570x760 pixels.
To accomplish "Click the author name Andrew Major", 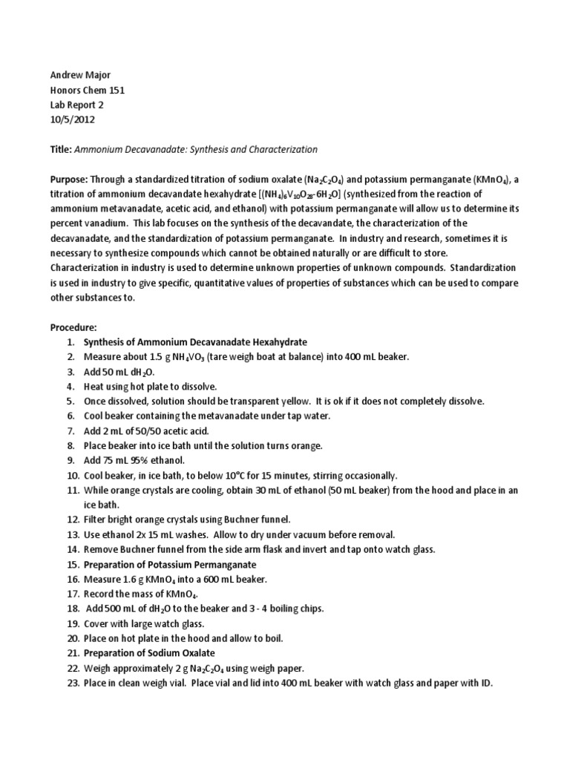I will (x=81, y=76).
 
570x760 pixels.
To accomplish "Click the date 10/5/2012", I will (x=73, y=119).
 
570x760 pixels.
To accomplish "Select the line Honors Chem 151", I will (x=88, y=91).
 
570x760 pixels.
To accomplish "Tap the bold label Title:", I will (x=62, y=149).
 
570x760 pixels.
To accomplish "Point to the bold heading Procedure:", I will (x=75, y=327).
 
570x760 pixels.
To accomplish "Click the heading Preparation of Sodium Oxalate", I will (x=149, y=653).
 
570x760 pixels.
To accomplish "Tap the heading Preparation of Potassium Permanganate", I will (x=168, y=564).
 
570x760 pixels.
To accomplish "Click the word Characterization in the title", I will (x=283, y=149).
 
